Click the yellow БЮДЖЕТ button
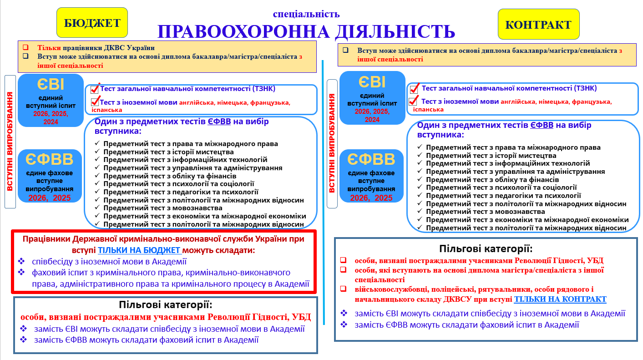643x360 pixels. [92, 23]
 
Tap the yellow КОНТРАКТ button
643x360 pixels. [539, 24]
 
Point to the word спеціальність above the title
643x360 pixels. [306, 14]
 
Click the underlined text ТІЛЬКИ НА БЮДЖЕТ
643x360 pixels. [140, 250]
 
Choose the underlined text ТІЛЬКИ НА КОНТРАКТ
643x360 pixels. [560, 299]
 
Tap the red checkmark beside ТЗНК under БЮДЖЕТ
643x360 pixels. [95, 89]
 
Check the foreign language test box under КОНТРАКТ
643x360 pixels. [414, 101]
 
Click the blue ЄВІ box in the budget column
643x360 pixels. [51, 100]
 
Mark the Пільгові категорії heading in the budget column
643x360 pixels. [165, 305]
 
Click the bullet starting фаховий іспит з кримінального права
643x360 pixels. [161, 273]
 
